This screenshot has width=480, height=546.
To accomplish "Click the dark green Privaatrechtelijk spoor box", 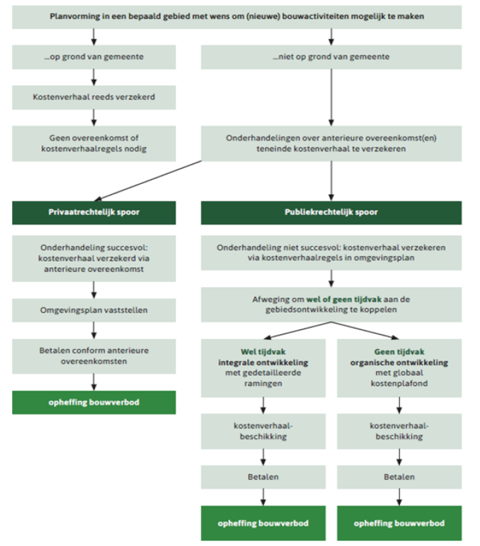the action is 94,212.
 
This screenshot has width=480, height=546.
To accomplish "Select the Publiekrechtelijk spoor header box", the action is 331,212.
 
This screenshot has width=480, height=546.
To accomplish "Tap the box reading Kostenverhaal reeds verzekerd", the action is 94,97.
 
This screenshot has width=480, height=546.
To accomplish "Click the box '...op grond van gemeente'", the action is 94,57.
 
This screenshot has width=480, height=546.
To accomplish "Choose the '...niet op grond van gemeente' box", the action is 331,57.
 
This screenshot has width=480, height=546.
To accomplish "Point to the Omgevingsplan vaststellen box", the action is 94,310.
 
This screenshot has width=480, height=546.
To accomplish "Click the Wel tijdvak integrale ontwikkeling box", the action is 263,368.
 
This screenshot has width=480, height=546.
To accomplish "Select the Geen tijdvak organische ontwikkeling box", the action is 399,368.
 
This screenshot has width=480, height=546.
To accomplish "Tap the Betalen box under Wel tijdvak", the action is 263,477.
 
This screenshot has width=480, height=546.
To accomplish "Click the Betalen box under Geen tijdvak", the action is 399,477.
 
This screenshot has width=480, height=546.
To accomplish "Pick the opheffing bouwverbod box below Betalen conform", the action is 94,403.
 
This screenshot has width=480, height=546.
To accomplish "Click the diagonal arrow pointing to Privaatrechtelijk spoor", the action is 148,181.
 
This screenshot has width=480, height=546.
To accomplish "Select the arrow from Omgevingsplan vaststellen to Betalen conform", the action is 94,331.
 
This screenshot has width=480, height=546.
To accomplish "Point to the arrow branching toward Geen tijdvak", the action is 365,331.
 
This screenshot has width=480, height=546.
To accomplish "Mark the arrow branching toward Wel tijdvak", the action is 297,331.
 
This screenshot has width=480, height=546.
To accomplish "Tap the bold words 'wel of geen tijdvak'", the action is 344,300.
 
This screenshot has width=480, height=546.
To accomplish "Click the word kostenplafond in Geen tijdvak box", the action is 399,383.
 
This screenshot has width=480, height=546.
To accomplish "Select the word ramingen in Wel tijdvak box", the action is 263,384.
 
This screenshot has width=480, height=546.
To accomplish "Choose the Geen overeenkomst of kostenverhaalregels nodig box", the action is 94,143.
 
